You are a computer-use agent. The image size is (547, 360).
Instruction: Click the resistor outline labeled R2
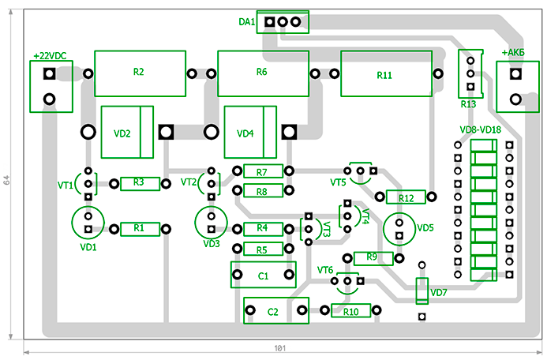point(139,73)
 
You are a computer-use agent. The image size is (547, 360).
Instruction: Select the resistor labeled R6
point(262,73)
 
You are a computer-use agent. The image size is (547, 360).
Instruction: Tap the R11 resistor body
point(385,74)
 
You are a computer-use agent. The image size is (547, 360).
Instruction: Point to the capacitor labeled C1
point(264,276)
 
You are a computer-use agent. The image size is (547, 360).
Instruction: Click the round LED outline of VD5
point(399,227)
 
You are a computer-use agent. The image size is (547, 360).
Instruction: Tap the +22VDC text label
point(49,56)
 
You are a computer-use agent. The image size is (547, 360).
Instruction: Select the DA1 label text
point(246,23)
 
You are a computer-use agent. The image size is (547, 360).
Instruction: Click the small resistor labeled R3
point(140,183)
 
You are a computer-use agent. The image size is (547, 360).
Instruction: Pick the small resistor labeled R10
point(351,312)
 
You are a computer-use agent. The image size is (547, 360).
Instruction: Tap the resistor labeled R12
point(407,197)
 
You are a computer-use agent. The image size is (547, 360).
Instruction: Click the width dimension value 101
point(279,348)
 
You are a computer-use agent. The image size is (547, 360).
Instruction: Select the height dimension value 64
point(7,180)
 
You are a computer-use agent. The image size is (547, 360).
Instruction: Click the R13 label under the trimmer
point(468,103)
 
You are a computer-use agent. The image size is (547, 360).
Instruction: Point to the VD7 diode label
point(439,293)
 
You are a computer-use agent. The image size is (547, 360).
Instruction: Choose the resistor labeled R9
point(373,257)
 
